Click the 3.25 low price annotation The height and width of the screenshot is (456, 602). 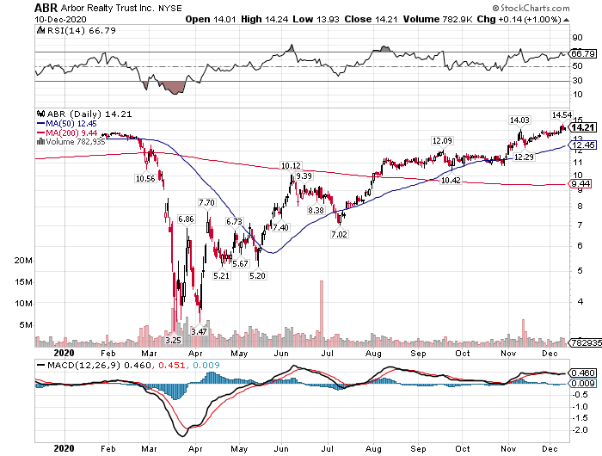[173, 340]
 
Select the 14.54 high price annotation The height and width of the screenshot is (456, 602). [562, 114]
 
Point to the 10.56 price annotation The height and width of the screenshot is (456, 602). [145, 178]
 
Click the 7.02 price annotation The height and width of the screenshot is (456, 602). [338, 234]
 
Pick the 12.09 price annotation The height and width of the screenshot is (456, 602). [442, 140]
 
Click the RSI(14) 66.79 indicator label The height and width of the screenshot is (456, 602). [66, 31]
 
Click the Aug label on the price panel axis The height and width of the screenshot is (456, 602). [372, 352]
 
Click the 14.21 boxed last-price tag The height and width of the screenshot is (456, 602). [582, 126]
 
